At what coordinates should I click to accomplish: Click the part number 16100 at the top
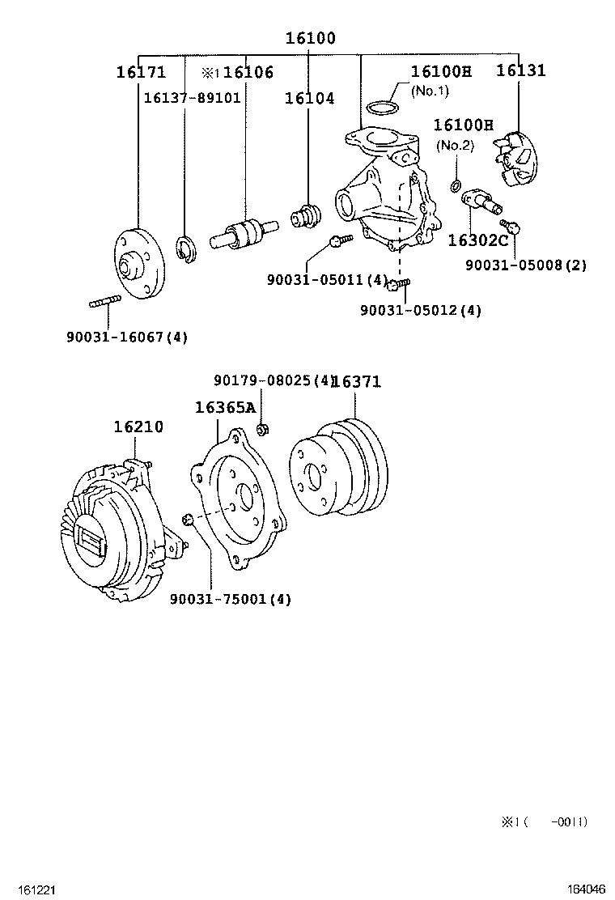click(310, 38)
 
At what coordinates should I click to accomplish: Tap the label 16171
click(141, 71)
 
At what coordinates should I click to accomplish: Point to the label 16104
click(309, 98)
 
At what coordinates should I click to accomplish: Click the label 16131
click(520, 70)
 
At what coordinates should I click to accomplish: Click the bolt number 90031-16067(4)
click(127, 337)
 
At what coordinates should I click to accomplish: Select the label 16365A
click(225, 407)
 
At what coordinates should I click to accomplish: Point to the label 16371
click(356, 381)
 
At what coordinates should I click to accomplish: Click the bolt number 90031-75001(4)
click(231, 599)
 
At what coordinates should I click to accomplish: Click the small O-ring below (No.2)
click(456, 186)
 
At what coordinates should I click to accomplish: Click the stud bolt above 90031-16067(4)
click(104, 304)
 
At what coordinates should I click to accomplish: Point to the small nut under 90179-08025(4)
click(263, 428)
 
